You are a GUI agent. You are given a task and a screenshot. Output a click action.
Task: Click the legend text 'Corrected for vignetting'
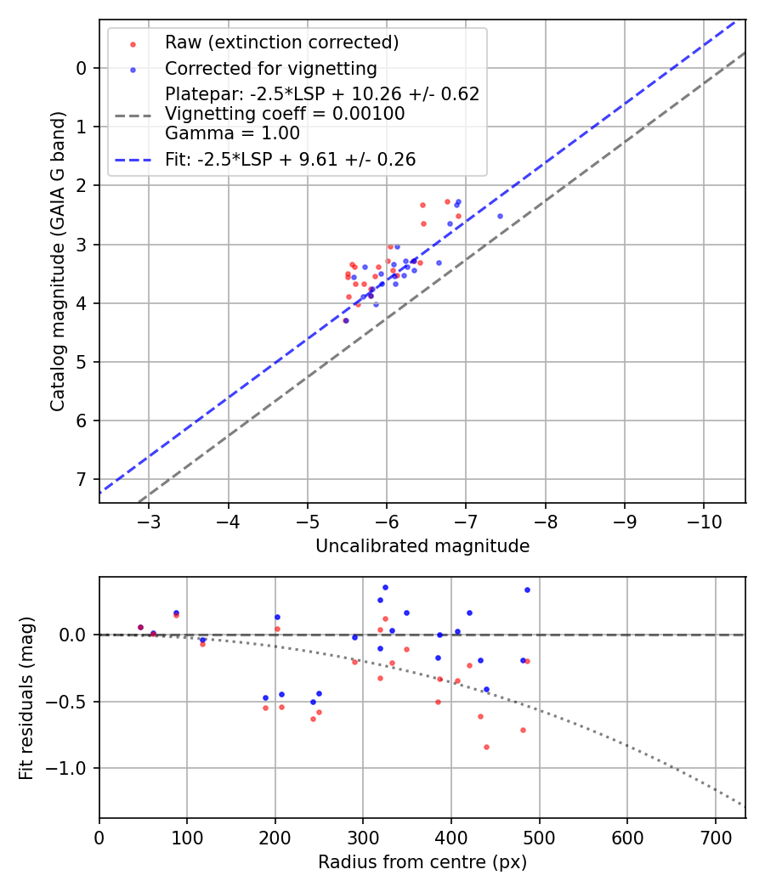(x=270, y=68)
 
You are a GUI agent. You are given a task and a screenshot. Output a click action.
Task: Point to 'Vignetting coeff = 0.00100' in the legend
(x=285, y=114)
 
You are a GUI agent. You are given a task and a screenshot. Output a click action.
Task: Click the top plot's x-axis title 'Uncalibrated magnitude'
(x=422, y=546)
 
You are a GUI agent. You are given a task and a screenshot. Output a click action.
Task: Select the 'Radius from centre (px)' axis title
(x=422, y=862)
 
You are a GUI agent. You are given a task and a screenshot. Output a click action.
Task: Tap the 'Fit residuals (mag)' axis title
(x=27, y=697)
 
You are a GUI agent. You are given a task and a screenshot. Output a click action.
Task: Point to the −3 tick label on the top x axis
(x=149, y=520)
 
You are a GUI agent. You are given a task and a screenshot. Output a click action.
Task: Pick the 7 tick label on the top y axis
(x=82, y=480)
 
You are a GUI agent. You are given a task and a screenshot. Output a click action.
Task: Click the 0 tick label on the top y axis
(x=82, y=68)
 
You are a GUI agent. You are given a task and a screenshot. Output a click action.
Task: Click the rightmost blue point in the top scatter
(x=500, y=216)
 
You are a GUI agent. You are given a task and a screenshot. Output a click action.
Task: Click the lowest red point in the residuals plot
(x=486, y=747)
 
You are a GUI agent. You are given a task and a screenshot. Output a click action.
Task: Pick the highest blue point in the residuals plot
(x=385, y=587)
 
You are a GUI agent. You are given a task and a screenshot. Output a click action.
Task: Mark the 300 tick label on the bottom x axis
(x=363, y=836)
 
